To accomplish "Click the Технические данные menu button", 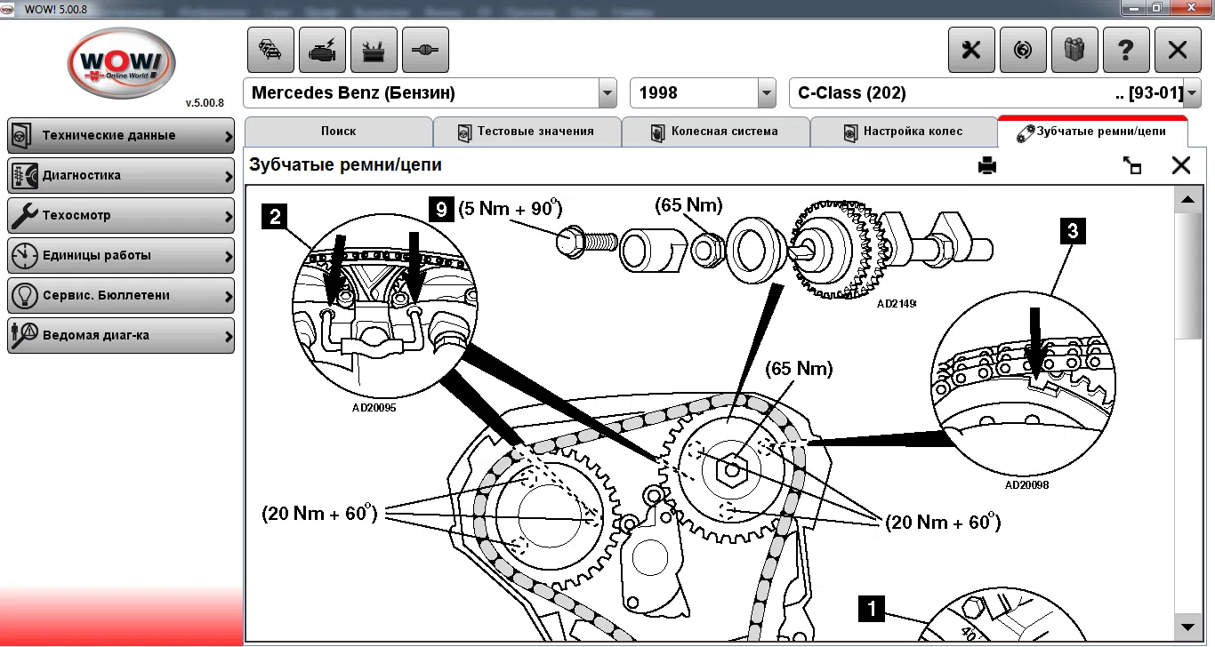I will click(x=121, y=136).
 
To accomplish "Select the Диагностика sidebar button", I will click(x=121, y=176).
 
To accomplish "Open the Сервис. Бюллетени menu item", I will click(x=121, y=296).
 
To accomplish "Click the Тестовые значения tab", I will click(x=527, y=132).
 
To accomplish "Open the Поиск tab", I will click(x=338, y=132).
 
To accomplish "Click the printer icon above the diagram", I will click(x=987, y=165).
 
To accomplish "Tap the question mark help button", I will click(x=1125, y=51).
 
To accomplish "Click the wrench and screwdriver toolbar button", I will click(x=970, y=51).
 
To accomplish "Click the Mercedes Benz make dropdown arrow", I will click(x=607, y=93).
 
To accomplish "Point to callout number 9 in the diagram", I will click(x=440, y=209).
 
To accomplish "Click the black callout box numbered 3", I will click(x=1073, y=232).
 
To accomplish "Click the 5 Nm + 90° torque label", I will click(x=511, y=210).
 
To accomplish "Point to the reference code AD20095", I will click(x=374, y=408).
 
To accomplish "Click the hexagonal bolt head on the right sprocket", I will click(x=732, y=468).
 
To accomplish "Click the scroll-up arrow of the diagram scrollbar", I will click(x=1186, y=200).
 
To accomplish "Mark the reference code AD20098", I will click(x=1026, y=485).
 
